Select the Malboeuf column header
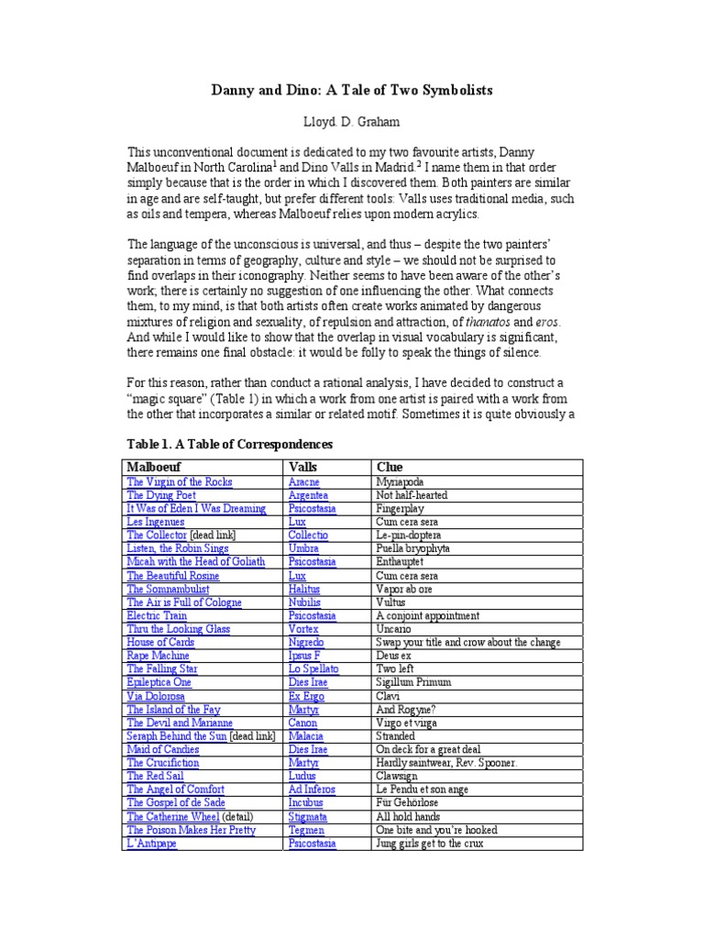click(x=157, y=467)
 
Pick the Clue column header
click(x=390, y=467)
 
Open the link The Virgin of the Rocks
click(x=180, y=482)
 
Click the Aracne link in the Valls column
click(x=303, y=482)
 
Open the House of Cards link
click(x=160, y=643)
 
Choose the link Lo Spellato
click(x=313, y=669)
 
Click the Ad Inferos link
click(x=312, y=790)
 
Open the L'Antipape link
click(x=152, y=844)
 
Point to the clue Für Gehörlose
click(x=409, y=803)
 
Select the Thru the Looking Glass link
click(x=178, y=629)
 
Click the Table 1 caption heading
click(x=229, y=445)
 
